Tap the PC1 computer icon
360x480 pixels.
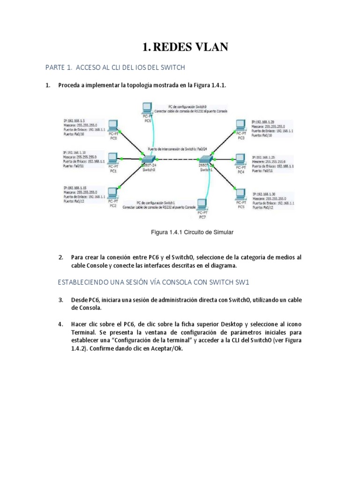pyautogui.click(x=112, y=158)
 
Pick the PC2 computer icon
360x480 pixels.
pyautogui.click(x=112, y=192)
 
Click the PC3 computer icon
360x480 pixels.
pyautogui.click(x=241, y=125)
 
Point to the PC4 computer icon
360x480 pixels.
pyautogui.click(x=241, y=158)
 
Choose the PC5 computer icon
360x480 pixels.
pyautogui.click(x=241, y=193)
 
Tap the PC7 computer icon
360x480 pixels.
pyautogui.click(x=202, y=204)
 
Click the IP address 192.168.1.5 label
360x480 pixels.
pyautogui.click(x=75, y=121)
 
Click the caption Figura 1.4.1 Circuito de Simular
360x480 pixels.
pyautogui.click(x=191, y=232)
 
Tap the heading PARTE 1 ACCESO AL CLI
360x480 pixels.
pyautogui.click(x=115, y=67)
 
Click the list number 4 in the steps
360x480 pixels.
pyautogui.click(x=60, y=324)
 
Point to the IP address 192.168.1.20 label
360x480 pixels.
pyautogui.click(x=266, y=121)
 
